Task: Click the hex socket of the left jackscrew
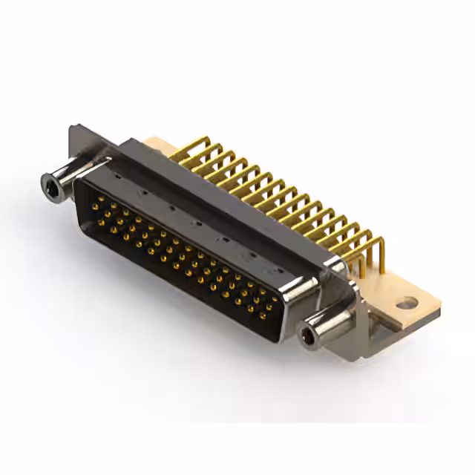pos(53,182)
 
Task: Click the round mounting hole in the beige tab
pos(404,303)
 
